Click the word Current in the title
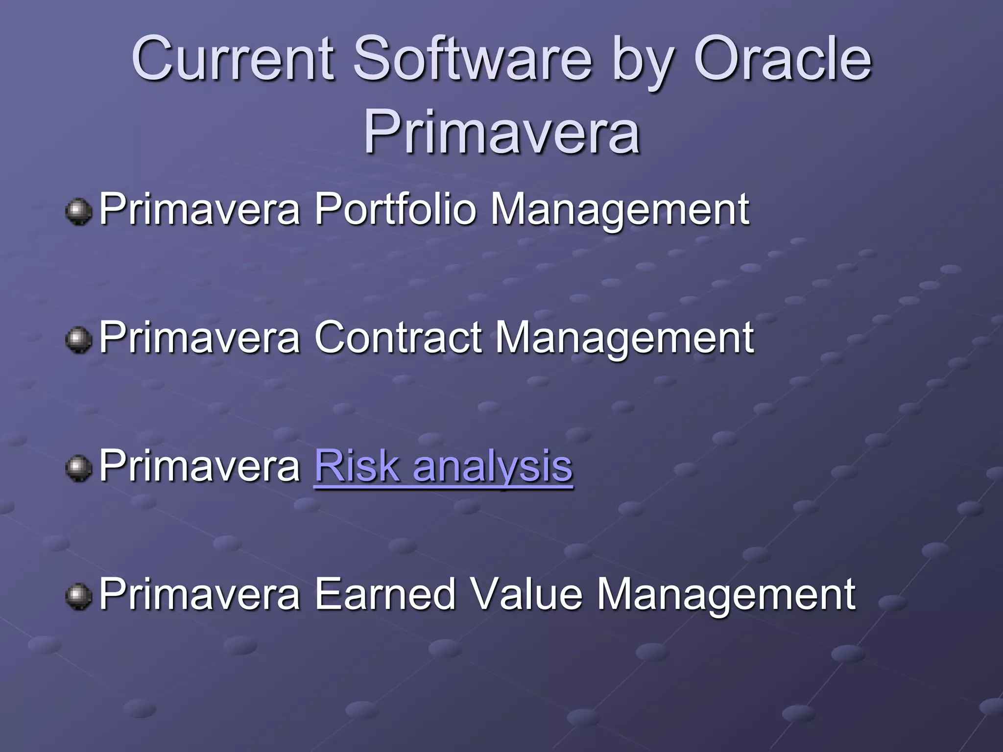233,60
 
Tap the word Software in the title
473,60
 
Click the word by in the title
642,64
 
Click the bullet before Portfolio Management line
78,212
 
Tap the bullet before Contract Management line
78,340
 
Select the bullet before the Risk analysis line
78,468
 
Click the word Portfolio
395,210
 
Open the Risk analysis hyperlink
443,466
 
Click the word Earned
385,594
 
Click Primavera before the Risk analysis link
200,466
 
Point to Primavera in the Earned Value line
200,594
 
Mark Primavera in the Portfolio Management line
200,210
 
